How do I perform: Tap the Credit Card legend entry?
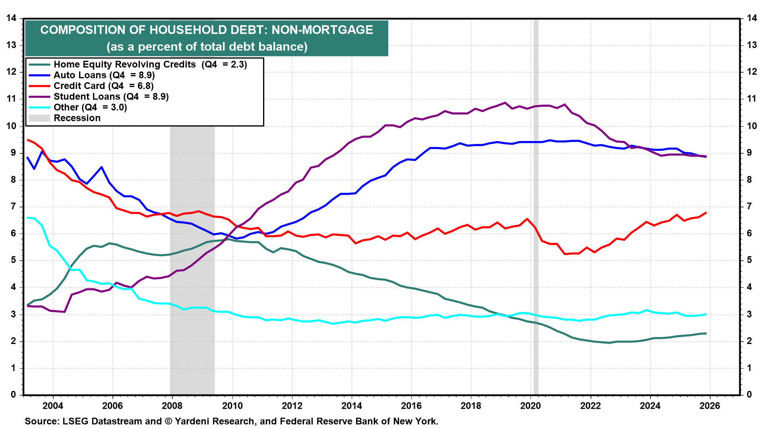click(103, 86)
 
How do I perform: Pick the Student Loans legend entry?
click(111, 97)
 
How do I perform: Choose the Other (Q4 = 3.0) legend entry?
click(90, 107)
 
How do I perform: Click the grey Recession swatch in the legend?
click(39, 118)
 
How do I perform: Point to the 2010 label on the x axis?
click(232, 406)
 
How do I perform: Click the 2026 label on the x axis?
click(710, 406)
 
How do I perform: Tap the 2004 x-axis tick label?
click(53, 406)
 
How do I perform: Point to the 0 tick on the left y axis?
click(14, 394)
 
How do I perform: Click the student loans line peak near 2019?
click(505, 103)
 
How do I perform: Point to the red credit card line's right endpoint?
click(706, 213)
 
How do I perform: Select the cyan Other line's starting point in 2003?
click(27, 218)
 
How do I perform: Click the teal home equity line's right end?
click(706, 333)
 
